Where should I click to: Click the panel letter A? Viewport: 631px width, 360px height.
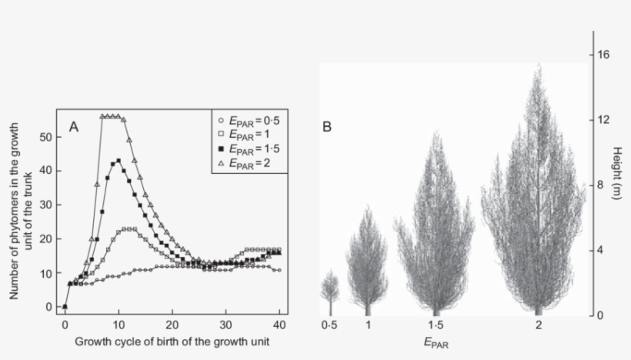[x=75, y=126]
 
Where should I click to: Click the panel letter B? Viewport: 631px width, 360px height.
[x=327, y=128]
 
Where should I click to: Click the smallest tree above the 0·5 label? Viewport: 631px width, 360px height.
[x=329, y=288]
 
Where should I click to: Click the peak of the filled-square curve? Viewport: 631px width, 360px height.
[x=118, y=161]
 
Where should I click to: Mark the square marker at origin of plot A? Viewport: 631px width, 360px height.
[x=65, y=307]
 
